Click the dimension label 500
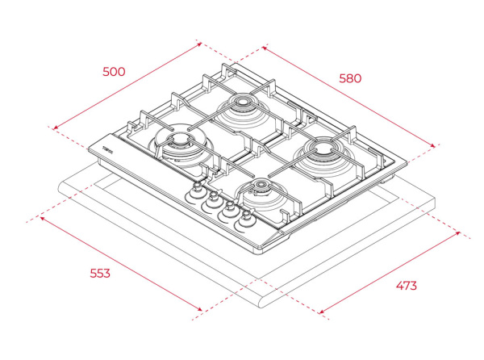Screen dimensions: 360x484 tap(114, 71)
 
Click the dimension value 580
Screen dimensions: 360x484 tap(349, 78)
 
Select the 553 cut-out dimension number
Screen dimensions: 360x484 tap(99, 273)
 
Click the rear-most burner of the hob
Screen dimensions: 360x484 tap(242, 104)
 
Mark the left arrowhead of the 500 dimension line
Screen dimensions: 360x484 tap(54, 127)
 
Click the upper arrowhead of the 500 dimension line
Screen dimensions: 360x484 tap(199, 44)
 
